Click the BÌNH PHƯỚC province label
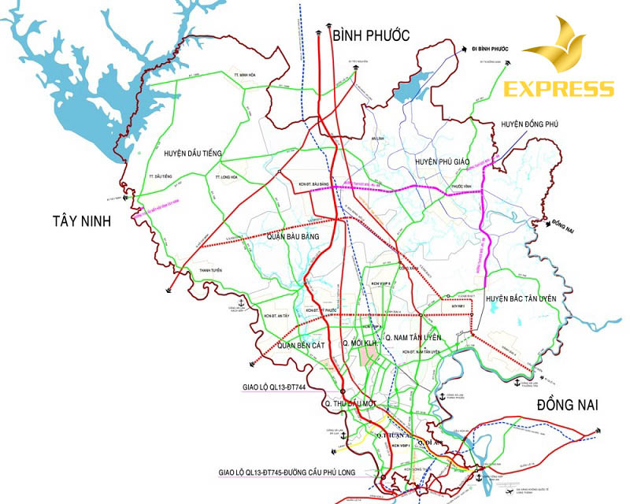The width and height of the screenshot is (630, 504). coord(371,35)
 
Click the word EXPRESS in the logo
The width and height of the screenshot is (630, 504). coord(559,88)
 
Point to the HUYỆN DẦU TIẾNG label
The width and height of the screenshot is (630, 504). coord(193,152)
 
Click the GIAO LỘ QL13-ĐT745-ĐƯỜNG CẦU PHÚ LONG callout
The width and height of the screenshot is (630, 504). coord(298,473)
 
